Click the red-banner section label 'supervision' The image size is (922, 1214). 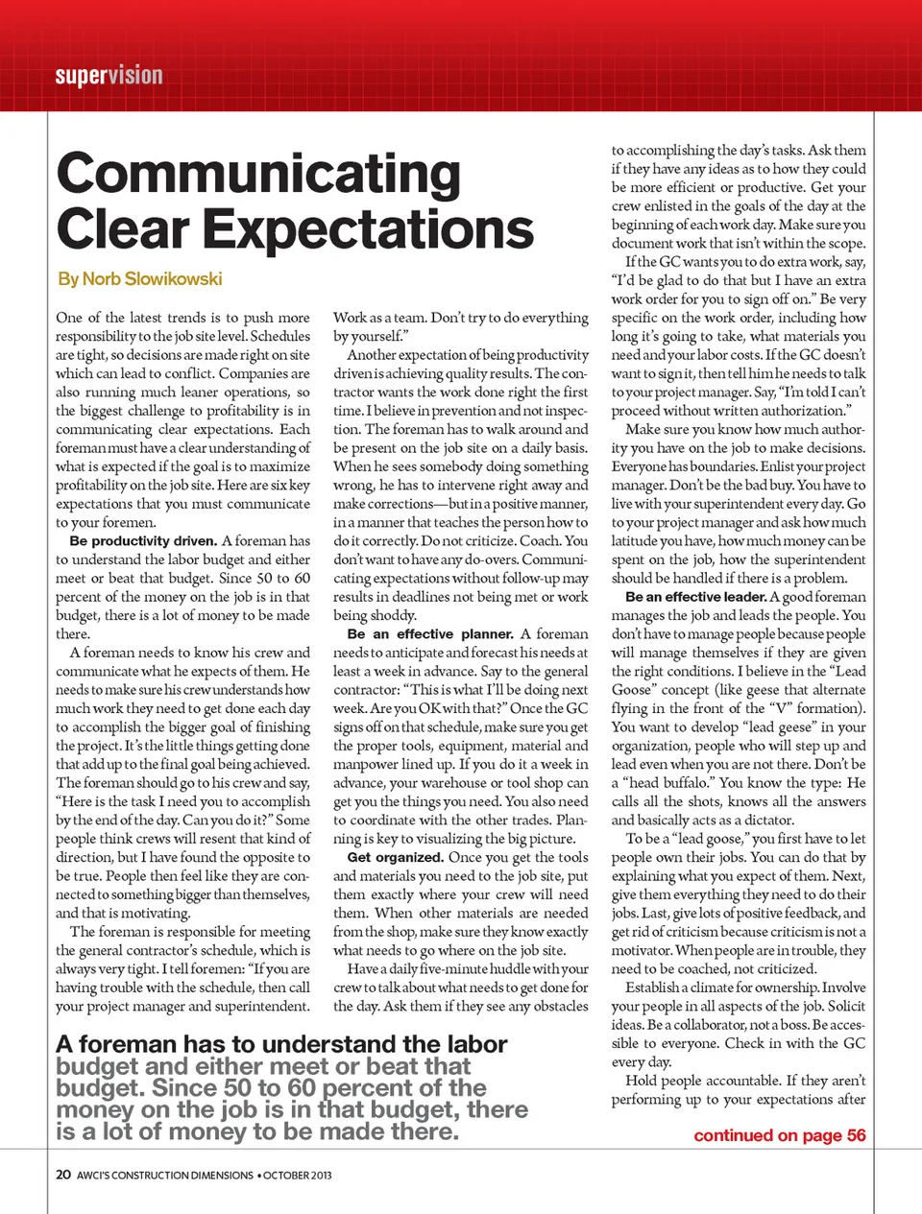tap(109, 76)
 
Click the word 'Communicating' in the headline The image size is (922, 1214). tap(258, 175)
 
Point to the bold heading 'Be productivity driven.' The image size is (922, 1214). tap(143, 541)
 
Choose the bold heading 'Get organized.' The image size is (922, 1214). tap(395, 858)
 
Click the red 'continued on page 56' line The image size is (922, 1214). tap(779, 1136)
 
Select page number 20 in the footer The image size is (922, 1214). tap(63, 1175)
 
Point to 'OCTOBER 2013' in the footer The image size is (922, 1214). tap(298, 1176)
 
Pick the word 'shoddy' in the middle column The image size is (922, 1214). tap(392, 616)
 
